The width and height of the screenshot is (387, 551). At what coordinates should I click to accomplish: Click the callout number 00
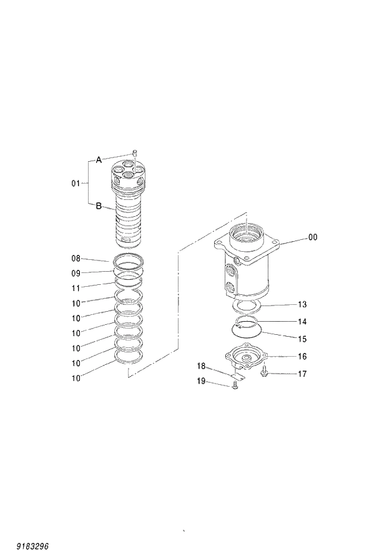313,238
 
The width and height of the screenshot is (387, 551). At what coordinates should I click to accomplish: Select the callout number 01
76,184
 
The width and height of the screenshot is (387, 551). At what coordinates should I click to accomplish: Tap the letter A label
99,160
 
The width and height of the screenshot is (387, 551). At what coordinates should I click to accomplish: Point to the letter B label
99,206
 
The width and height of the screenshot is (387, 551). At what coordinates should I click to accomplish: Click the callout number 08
76,257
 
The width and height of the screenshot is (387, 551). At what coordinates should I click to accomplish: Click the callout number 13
302,305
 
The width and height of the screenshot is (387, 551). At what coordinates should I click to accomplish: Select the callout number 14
302,322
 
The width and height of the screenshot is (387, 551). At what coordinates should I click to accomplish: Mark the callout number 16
302,357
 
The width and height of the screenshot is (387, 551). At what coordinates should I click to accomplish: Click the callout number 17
302,374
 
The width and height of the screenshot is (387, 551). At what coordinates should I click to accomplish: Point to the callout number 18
202,365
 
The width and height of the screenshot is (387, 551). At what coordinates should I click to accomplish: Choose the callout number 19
202,381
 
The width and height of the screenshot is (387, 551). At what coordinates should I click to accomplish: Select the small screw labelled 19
234,387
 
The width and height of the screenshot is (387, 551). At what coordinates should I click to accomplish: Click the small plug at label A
134,152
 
